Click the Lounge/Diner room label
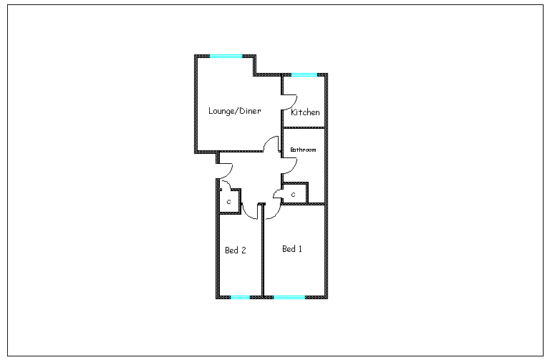click(235, 111)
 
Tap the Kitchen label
click(305, 112)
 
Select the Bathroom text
click(303, 150)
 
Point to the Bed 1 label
click(292, 249)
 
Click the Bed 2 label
click(236, 250)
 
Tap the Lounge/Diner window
click(226, 56)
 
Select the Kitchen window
click(304, 74)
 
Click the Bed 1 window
click(289, 297)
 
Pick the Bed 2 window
click(241, 297)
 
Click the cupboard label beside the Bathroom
click(293, 195)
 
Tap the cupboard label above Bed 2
click(229, 202)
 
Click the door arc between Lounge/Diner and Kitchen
click(294, 104)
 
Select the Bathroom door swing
click(294, 167)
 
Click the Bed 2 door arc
click(246, 215)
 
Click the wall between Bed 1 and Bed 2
click(262, 250)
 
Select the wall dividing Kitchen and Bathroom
click(304, 128)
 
